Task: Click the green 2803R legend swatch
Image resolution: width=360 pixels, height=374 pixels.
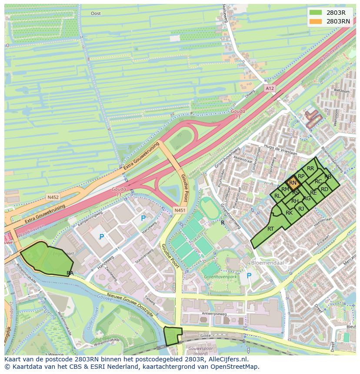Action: [316, 13]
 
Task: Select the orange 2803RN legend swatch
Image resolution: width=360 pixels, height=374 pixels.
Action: [316, 21]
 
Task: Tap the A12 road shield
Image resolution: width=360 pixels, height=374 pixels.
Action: [270, 88]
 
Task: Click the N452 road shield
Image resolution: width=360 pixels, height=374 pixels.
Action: [53, 197]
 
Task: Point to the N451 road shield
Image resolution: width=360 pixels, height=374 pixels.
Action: [180, 210]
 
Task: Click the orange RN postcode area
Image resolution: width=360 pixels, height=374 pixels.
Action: [293, 183]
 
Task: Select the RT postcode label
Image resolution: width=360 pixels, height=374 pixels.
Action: [270, 229]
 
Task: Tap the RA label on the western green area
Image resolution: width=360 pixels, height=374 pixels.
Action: [70, 273]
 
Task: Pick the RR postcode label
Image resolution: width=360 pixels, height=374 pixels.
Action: [310, 168]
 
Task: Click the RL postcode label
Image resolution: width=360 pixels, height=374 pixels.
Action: [277, 196]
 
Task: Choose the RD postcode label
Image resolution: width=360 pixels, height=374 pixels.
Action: [324, 189]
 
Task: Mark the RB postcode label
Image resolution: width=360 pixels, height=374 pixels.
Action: [328, 176]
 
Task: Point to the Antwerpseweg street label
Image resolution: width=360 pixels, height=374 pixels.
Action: [202, 314]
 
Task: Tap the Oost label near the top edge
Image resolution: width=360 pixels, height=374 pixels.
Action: [96, 13]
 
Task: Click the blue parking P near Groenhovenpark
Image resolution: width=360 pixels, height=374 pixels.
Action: [249, 275]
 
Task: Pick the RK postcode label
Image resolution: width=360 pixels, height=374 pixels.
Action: [289, 213]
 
